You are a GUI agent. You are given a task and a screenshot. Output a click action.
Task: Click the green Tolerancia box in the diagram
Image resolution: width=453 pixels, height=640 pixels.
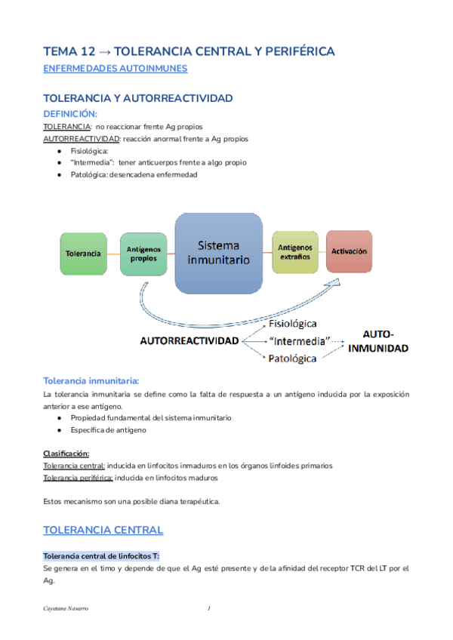pyautogui.click(x=82, y=253)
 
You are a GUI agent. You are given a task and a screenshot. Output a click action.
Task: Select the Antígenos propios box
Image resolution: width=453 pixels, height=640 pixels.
pyautogui.click(x=143, y=254)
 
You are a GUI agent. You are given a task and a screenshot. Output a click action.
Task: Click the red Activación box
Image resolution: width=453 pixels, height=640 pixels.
pyautogui.click(x=350, y=251)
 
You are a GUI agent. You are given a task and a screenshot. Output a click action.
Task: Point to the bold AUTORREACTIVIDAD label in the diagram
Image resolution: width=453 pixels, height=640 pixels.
pyautogui.click(x=189, y=340)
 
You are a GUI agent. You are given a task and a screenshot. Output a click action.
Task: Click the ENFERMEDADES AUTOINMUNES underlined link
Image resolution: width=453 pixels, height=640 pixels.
pyautogui.click(x=116, y=69)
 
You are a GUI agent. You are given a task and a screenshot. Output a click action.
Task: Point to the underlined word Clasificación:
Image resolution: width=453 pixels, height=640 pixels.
pyautogui.click(x=66, y=454)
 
